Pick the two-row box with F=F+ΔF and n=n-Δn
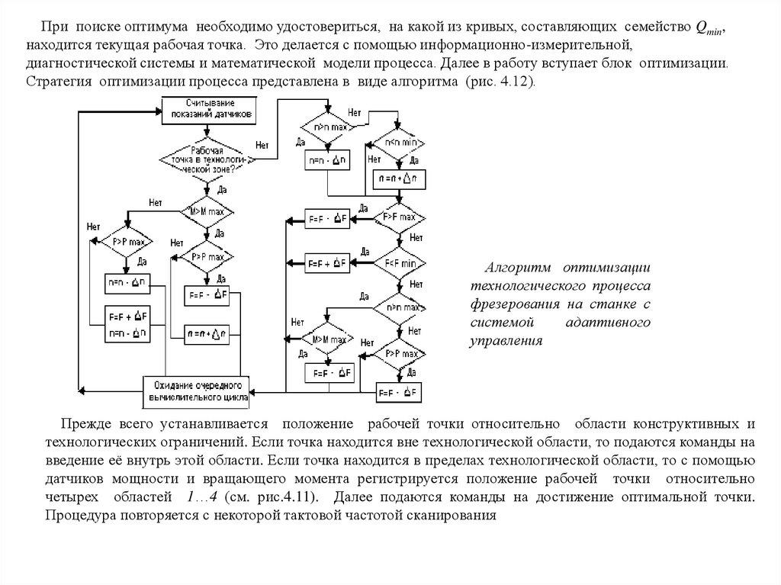pos(127,326)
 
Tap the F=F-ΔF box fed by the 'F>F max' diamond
pos(326,218)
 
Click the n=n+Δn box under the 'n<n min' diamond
pos(401,178)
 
